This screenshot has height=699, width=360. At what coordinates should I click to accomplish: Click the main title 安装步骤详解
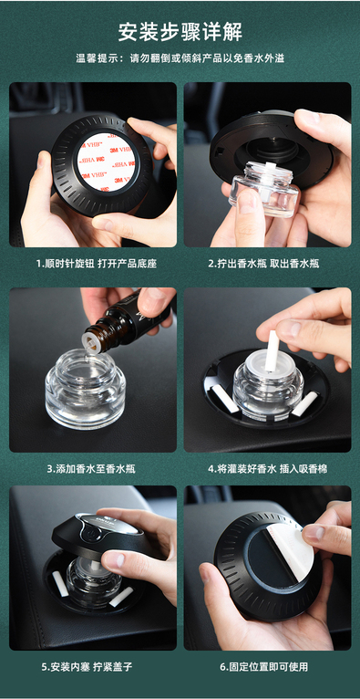pyautogui.click(x=180, y=32)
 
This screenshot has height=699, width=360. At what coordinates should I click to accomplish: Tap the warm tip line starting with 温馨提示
pyautogui.click(x=180, y=58)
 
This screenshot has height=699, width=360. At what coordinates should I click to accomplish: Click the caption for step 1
pyautogui.click(x=96, y=264)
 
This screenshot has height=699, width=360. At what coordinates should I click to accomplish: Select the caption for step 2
pyautogui.click(x=263, y=264)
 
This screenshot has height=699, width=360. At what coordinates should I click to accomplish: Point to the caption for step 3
pyautogui.click(x=91, y=468)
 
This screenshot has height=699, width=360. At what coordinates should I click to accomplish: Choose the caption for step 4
pyautogui.click(x=267, y=468)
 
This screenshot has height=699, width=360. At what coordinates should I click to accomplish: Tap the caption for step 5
pyautogui.click(x=87, y=667)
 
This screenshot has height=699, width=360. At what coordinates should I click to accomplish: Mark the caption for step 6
pyautogui.click(x=264, y=667)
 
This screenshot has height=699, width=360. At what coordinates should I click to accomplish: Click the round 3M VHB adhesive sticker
pyautogui.click(x=107, y=162)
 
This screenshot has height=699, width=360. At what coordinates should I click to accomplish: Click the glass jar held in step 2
pyautogui.click(x=264, y=189)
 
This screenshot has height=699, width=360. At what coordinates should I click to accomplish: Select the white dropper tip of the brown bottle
pyautogui.click(x=92, y=344)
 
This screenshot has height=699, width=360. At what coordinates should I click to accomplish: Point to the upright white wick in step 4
pyautogui.click(x=272, y=350)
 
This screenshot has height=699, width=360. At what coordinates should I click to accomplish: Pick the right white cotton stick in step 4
pyautogui.click(x=304, y=403)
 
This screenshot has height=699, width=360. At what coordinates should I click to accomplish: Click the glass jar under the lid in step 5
pyautogui.click(x=94, y=578)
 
